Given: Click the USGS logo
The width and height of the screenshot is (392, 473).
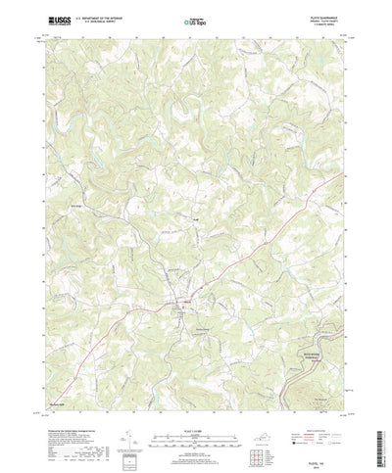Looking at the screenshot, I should coord(36,19).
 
